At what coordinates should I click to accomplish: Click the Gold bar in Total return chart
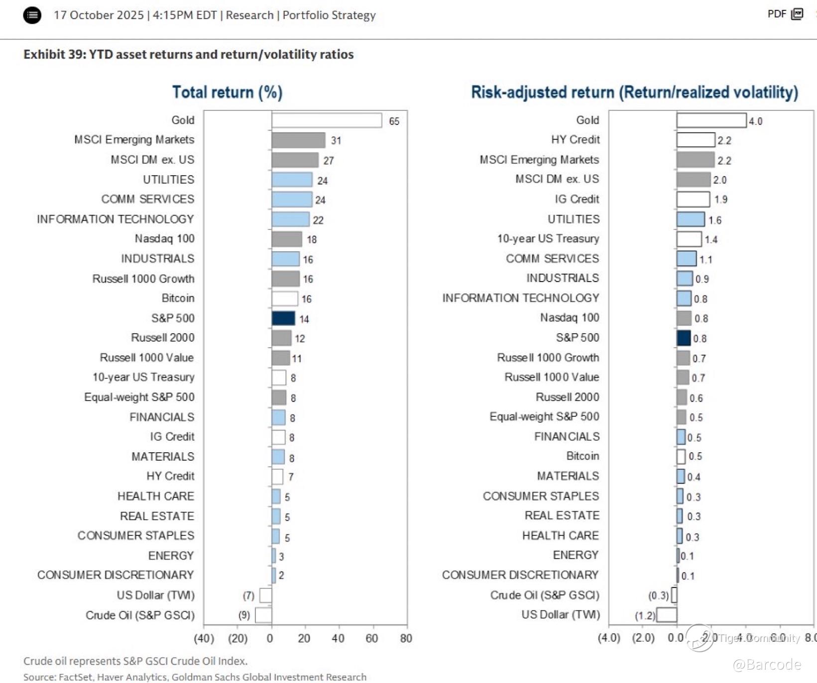[x=327, y=120]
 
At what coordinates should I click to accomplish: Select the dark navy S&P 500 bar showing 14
[x=283, y=318]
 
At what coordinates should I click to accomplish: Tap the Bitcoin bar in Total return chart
[x=285, y=298]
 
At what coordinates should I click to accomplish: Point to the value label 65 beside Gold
[x=394, y=121]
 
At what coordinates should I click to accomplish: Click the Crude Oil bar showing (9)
[x=263, y=615]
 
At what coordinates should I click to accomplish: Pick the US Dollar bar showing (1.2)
[x=667, y=615]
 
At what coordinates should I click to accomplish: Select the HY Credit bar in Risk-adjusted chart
[x=696, y=140]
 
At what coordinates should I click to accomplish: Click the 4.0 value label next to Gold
[x=755, y=121]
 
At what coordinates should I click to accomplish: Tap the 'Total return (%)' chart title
[x=227, y=93]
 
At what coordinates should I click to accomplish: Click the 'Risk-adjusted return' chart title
[x=634, y=93]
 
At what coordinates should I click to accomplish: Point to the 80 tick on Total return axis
[x=406, y=638]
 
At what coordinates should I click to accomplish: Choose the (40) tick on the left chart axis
[x=204, y=638]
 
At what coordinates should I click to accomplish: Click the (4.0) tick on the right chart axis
[x=609, y=638]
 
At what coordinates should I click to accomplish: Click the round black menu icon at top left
[x=32, y=15]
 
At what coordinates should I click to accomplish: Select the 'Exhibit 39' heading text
[x=188, y=54]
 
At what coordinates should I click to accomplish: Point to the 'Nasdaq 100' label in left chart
[x=164, y=239]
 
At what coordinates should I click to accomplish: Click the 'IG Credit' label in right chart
[x=577, y=199]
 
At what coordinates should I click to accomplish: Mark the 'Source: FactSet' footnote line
[x=195, y=677]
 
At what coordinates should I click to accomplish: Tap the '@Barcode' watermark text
[x=767, y=665]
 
